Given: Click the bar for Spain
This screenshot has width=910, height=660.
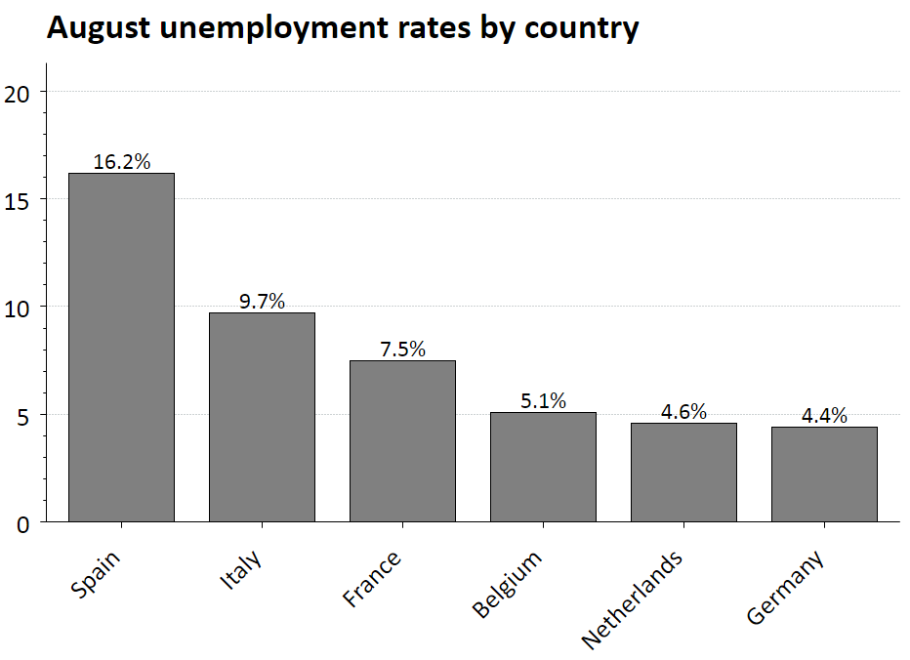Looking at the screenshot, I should tap(121, 347).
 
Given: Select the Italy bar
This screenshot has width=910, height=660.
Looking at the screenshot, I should tap(262, 417).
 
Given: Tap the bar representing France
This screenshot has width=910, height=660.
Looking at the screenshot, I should tap(402, 440).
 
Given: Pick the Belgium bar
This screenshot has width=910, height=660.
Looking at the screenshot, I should tap(543, 467).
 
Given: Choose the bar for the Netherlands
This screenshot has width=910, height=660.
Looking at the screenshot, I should tap(683, 472).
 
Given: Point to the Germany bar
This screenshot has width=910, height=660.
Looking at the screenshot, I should tap(824, 474).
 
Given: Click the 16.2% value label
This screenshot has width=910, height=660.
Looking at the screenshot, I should tap(122, 161).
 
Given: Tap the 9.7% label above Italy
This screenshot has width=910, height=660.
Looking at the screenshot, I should tap(262, 301).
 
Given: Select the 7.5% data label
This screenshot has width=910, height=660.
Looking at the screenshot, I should tap(402, 349).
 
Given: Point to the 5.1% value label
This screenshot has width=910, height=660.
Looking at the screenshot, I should tap(543, 400).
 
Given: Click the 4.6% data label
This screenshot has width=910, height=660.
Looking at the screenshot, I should tap(683, 411).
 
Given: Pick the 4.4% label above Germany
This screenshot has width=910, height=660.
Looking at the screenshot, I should tap(824, 415).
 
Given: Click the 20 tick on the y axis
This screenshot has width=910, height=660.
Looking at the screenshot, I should tap(19, 93).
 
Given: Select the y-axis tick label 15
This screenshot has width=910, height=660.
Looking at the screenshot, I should tap(19, 200).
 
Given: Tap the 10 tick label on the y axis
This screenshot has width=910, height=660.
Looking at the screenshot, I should tap(19, 308).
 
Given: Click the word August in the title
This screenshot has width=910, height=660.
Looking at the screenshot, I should tap(103, 29).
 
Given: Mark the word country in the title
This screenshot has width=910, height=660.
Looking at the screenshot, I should tap(581, 29).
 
